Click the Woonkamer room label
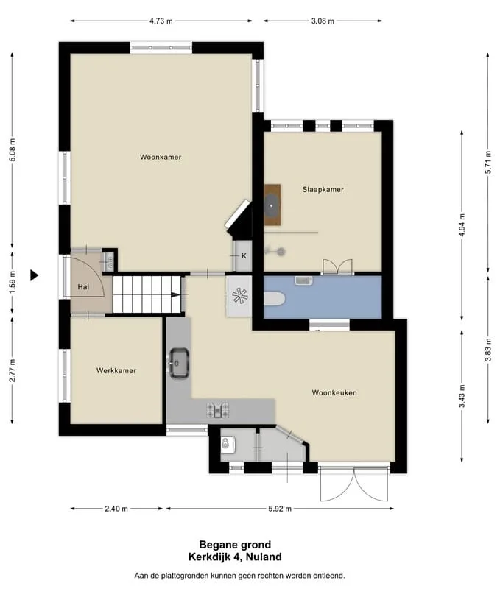point(161,157)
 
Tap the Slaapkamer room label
point(323,189)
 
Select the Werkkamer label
point(116,370)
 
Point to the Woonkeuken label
point(334,392)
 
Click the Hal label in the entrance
point(83,286)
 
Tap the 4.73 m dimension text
point(161,21)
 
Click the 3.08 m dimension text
point(323,21)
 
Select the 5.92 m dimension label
point(280,509)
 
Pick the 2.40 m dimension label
point(116,509)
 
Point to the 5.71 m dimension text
point(487,162)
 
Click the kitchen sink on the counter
point(179,363)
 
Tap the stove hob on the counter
point(218,410)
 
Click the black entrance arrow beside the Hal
point(35,275)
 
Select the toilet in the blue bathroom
point(274,299)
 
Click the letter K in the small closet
point(244,256)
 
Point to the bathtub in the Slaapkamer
point(272,205)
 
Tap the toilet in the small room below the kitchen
point(228,445)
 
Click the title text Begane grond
point(235,545)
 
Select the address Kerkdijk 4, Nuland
point(235,557)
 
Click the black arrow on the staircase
point(176,294)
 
